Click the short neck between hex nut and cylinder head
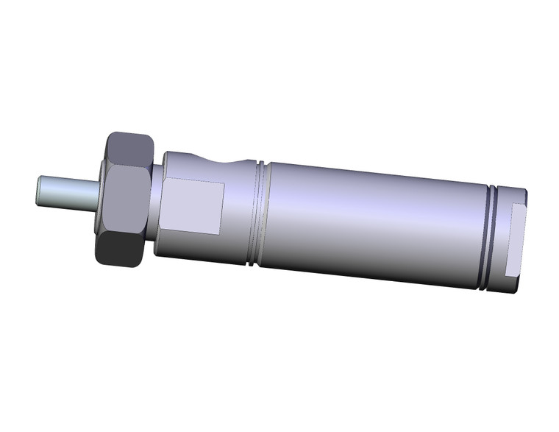157,199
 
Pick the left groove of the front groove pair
254,210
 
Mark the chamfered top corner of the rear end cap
524,194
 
